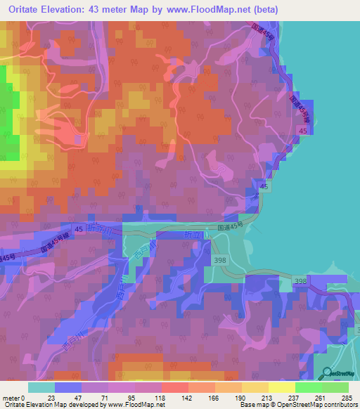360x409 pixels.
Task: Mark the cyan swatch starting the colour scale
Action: click(x=41, y=388)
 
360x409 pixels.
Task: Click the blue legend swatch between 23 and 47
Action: click(x=68, y=388)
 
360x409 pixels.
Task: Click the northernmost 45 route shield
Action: click(x=302, y=131)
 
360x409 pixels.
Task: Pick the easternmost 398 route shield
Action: click(x=301, y=282)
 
